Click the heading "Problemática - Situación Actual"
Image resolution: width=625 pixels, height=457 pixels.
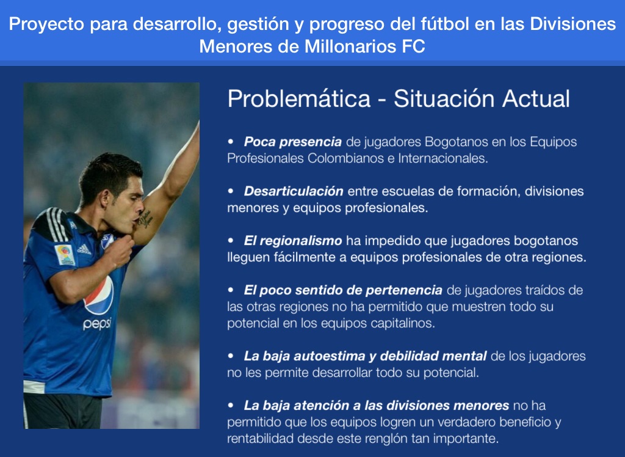point(399,98)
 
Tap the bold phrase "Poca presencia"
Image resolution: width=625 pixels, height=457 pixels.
point(292,142)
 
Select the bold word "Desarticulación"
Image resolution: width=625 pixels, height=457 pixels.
point(294,191)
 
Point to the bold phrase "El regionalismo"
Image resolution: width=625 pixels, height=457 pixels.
point(293,241)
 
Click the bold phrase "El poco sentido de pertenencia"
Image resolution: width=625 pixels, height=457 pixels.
point(343,290)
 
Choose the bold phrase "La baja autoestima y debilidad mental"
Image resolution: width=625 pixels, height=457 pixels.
point(365,356)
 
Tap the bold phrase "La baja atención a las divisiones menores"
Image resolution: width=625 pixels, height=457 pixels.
point(376,406)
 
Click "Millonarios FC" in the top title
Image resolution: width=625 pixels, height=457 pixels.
point(365,46)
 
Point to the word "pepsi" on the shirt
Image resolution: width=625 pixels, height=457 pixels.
point(97,324)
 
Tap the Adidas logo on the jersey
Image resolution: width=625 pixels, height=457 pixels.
point(84,249)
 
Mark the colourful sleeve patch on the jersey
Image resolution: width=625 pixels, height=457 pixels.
point(65,255)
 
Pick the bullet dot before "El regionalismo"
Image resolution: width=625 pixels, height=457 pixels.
point(231,241)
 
